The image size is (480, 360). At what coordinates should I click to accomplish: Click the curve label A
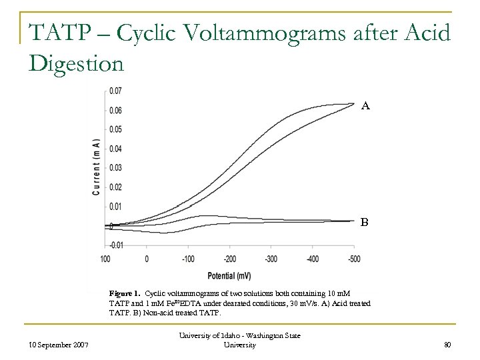[x=365, y=105]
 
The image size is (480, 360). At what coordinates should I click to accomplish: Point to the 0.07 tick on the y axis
[x=115, y=91]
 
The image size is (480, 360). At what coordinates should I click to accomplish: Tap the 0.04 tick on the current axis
[x=115, y=149]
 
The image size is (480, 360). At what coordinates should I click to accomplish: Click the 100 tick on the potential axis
[x=105, y=259]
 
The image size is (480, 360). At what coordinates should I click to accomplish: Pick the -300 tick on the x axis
[x=271, y=259]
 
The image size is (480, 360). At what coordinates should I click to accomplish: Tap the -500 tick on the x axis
[x=354, y=259]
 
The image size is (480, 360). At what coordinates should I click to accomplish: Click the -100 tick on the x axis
[x=188, y=259]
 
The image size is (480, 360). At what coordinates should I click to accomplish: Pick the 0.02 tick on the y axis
[x=115, y=187]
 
